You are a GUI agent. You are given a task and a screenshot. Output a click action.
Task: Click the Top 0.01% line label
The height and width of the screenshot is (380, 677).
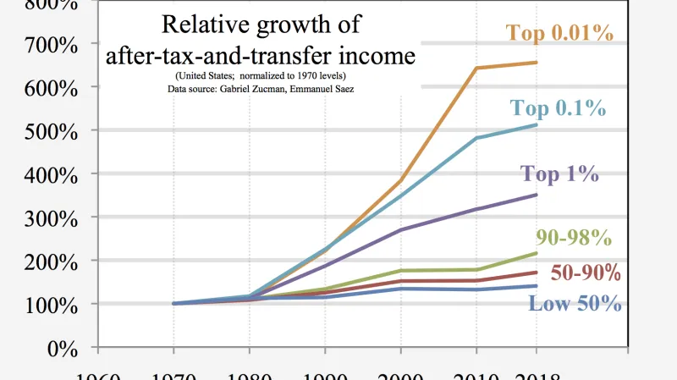(x=559, y=33)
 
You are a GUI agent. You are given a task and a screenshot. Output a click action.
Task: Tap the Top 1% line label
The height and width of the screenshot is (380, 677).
(x=559, y=174)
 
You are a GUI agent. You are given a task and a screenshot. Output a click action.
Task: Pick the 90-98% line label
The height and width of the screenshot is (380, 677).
(x=574, y=238)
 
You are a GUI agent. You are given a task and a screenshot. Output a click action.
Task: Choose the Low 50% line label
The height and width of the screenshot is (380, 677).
(x=575, y=303)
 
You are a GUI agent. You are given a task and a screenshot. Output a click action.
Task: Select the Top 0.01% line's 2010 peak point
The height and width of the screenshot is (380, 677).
(x=476, y=68)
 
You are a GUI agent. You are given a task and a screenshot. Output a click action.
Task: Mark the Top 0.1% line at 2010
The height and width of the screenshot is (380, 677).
(x=476, y=137)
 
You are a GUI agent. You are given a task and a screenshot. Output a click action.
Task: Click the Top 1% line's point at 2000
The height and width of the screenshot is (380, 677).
(x=400, y=229)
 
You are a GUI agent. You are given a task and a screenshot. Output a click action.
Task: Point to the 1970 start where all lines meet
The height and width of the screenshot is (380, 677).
(x=174, y=303)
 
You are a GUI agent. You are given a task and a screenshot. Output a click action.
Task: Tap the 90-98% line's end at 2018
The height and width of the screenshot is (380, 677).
(x=537, y=253)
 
